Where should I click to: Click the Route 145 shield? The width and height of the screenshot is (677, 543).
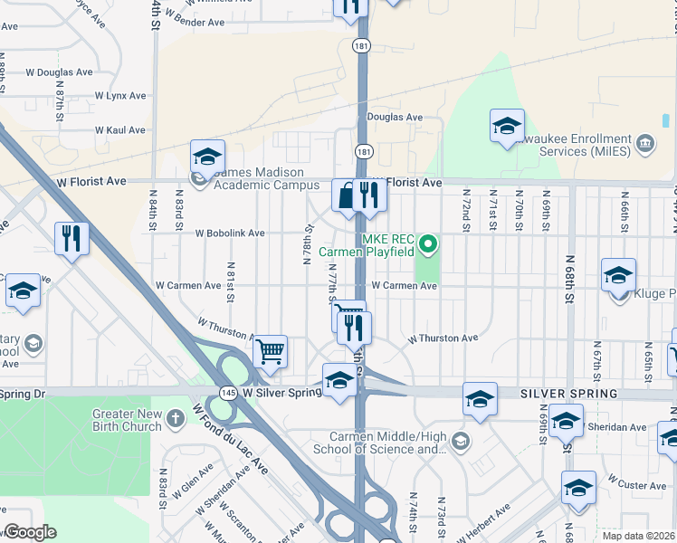pos(227,393)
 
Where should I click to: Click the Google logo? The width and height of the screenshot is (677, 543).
pos(29,533)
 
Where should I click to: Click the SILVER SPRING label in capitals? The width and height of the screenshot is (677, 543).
pos(568,394)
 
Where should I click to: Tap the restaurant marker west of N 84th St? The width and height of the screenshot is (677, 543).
pos(72,238)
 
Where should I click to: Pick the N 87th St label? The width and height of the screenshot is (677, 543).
pos(60,106)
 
